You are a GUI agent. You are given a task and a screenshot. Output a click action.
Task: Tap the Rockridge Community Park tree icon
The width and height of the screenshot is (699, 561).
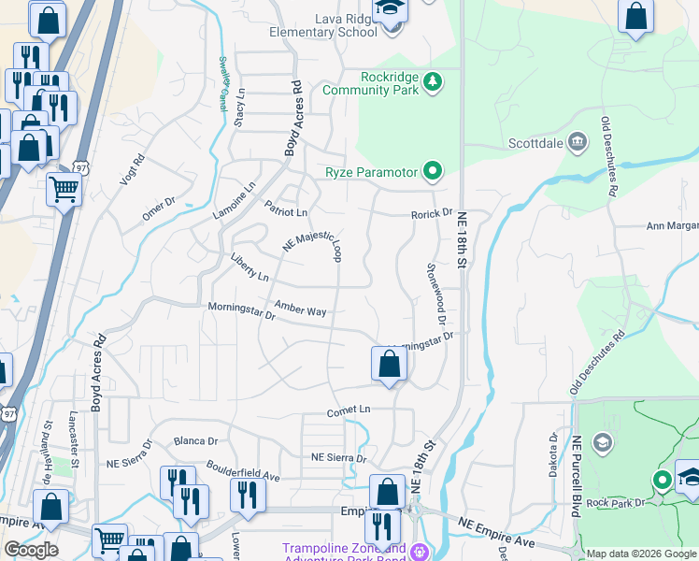(433, 83)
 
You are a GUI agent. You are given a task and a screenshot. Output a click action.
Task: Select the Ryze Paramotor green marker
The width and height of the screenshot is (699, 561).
(432, 171)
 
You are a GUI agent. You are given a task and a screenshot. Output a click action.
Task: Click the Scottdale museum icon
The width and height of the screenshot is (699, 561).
(578, 143)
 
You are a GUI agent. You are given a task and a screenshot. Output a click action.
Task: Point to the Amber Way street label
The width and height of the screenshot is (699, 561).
(300, 309)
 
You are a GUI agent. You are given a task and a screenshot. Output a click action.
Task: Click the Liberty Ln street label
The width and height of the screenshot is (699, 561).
(250, 266)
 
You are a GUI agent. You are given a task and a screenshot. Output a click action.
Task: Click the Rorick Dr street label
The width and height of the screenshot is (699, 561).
(432, 214)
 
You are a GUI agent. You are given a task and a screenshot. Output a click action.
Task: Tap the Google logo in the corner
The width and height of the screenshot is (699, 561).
(31, 550)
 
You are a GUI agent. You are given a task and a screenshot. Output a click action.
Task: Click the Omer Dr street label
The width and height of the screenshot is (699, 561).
(159, 209)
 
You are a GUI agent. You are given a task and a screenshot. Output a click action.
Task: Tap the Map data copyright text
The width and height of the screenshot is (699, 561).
(641, 554)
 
